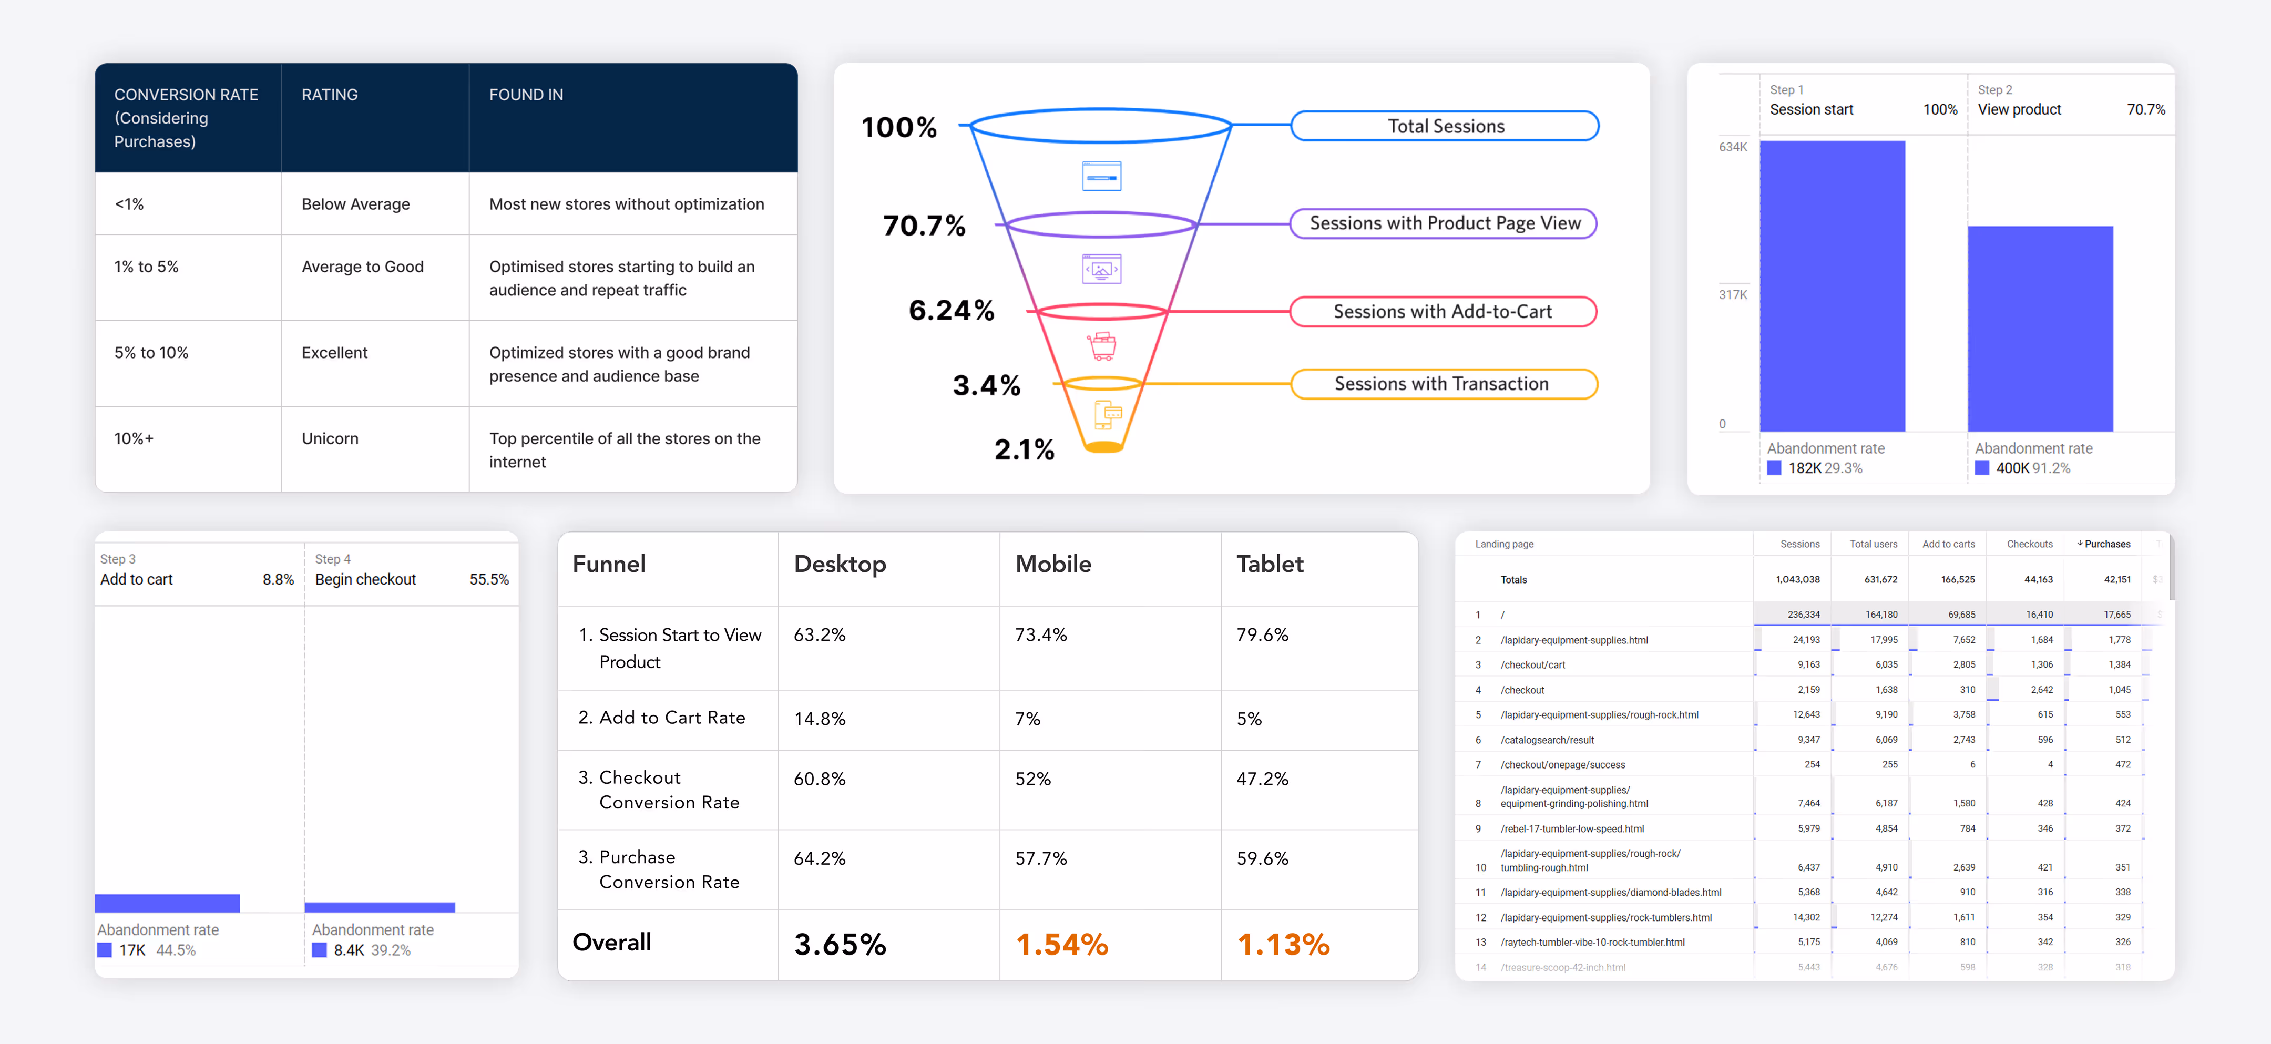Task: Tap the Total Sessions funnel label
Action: pyautogui.click(x=1445, y=126)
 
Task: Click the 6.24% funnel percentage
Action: pyautogui.click(x=952, y=310)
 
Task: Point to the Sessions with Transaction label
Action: pyautogui.click(x=1441, y=384)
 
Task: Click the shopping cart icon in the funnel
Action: pyautogui.click(x=1102, y=346)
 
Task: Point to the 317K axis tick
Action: pyautogui.click(x=1732, y=294)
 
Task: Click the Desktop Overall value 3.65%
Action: pyautogui.click(x=840, y=944)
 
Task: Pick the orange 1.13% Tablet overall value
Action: pyautogui.click(x=1283, y=944)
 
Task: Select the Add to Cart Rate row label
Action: pyautogui.click(x=672, y=718)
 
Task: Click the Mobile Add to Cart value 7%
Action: pyautogui.click(x=1027, y=719)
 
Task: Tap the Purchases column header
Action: pyautogui.click(x=2106, y=544)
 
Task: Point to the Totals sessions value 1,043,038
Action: pyautogui.click(x=1797, y=579)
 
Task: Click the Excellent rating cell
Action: pyautogui.click(x=334, y=353)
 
